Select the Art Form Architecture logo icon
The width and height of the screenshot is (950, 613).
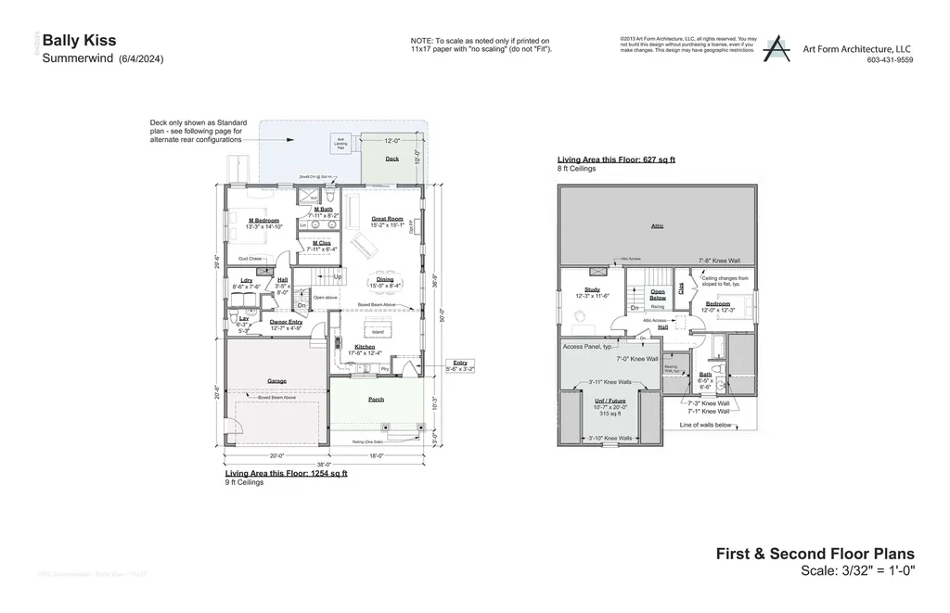776,49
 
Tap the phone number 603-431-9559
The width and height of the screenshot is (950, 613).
890,60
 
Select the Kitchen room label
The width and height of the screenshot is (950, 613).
364,346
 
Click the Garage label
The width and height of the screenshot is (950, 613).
276,380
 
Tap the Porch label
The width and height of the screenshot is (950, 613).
376,400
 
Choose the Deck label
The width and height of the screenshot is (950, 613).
392,158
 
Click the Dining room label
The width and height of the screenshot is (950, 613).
384,278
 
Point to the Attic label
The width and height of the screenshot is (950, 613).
657,224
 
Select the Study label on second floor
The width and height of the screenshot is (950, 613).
592,289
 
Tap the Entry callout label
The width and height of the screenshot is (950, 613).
460,363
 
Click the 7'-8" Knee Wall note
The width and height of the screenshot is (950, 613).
719,261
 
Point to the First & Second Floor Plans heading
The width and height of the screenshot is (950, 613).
815,554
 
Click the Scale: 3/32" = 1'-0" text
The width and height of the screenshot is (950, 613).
858,571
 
